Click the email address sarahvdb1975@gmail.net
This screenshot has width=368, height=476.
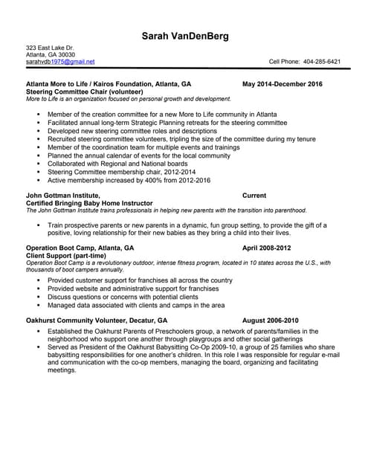pyautogui.click(x=60, y=62)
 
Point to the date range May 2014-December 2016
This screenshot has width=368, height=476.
pyautogui.click(x=283, y=84)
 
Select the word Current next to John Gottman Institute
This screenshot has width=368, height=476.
pyautogui.click(x=255, y=196)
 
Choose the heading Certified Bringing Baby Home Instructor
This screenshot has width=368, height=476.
pyautogui.click(x=89, y=203)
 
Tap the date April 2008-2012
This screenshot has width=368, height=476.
pyautogui.click(x=267, y=247)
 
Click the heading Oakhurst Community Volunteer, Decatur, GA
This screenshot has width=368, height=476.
pyautogui.click(x=97, y=321)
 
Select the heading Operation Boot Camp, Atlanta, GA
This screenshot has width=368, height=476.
pyautogui.click(x=80, y=247)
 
